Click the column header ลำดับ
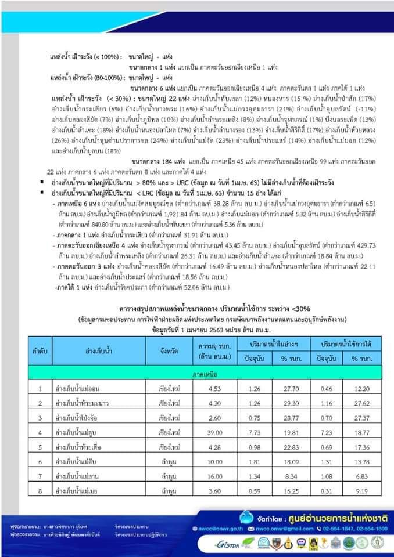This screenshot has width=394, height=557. click(40, 350)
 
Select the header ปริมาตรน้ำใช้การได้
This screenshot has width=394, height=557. click(338, 343)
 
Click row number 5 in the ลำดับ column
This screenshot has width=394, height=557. click(40, 447)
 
